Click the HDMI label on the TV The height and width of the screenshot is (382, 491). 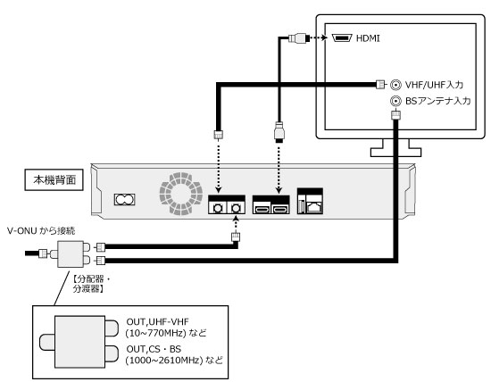tap(368, 38)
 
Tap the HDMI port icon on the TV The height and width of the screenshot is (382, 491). tap(342, 38)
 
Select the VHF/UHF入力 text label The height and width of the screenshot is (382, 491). tap(434, 85)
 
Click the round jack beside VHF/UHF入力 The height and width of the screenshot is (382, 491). tap(395, 85)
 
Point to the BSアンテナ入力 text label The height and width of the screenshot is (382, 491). tap(437, 101)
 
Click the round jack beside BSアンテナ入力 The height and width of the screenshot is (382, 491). tap(395, 101)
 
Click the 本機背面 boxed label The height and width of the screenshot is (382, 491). tap(54, 179)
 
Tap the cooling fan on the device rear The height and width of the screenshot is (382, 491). tap(180, 194)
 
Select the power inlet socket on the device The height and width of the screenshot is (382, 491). tap(125, 199)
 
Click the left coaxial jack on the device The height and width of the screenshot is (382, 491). tap(217, 208)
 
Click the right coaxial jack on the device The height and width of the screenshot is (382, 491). tap(236, 208)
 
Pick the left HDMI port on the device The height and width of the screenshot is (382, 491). tap(262, 209)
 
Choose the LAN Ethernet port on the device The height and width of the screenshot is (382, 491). tap(313, 205)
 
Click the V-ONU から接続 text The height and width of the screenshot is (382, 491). tap(41, 231)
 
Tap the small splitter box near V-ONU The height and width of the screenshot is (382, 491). tap(71, 254)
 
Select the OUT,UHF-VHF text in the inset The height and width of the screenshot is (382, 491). tap(157, 322)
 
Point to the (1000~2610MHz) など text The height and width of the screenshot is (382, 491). tap(174, 360)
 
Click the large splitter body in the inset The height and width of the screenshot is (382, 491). tap(79, 342)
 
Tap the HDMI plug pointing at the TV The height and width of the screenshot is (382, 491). tap(299, 38)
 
